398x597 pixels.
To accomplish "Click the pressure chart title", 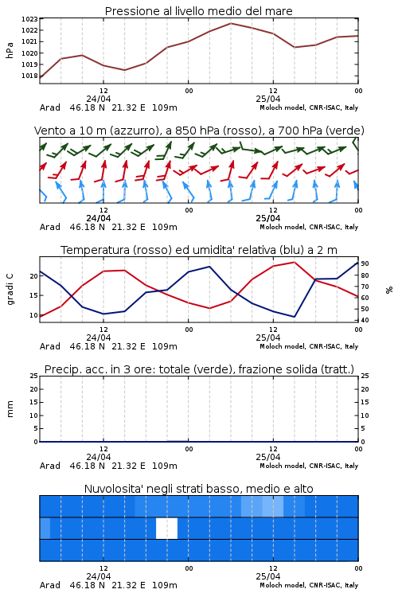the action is click(198, 11).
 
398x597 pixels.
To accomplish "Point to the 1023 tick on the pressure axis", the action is click(29, 19).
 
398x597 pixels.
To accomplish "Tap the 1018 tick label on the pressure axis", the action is click(29, 76).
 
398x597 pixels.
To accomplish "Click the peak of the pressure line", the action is click(230, 23).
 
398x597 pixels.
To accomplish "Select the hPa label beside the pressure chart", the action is click(10, 50).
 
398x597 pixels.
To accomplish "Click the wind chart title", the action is click(199, 131).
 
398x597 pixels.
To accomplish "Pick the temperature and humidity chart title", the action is click(199, 250).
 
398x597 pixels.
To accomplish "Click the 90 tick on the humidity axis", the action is click(365, 263).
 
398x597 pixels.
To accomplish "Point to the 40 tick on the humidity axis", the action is click(365, 320).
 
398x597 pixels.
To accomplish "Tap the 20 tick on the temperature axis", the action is click(34, 276).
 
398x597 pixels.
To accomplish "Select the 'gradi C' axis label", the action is click(10, 289).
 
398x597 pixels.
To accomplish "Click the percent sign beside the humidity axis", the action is click(389, 290).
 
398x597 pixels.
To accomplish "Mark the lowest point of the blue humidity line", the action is click(295, 317).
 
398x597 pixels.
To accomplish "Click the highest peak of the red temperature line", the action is click(295, 262).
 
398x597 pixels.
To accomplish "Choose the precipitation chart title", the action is click(199, 369).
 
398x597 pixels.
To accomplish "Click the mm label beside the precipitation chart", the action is click(10, 409).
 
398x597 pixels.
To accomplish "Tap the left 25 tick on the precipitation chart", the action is click(34, 376).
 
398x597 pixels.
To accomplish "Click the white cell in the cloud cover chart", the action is click(167, 528).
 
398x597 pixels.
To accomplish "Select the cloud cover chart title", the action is click(198, 489).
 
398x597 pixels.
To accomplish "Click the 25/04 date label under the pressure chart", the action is click(267, 99).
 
